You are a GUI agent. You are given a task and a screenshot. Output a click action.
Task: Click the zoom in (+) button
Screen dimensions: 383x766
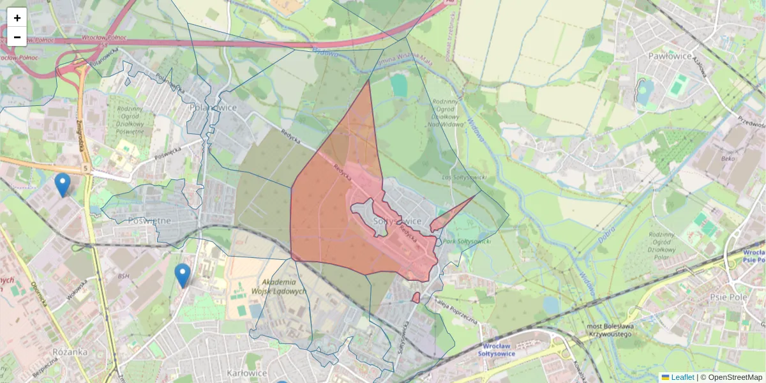coord(17,17)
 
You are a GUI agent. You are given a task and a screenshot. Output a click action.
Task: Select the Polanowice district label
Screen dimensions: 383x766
coord(213,107)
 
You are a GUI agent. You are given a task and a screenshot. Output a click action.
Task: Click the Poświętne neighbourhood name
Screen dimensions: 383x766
coord(149,220)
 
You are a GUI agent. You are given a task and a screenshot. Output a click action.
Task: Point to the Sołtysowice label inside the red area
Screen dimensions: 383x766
coord(397,221)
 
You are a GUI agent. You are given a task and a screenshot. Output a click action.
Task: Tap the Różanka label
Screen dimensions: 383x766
coord(71,352)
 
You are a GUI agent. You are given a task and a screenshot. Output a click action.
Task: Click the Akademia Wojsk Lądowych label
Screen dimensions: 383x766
coord(285,286)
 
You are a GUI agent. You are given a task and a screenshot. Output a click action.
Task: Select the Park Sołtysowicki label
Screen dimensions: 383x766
coord(467,241)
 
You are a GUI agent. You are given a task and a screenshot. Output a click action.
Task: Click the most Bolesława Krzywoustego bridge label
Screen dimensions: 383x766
coord(609,330)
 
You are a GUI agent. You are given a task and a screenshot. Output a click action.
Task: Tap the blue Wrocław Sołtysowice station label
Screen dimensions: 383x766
coord(500,350)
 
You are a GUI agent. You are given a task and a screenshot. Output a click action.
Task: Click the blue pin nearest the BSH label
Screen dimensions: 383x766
coord(183,275)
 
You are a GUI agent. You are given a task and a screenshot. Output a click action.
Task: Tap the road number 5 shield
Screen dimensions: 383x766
coord(84,169)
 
